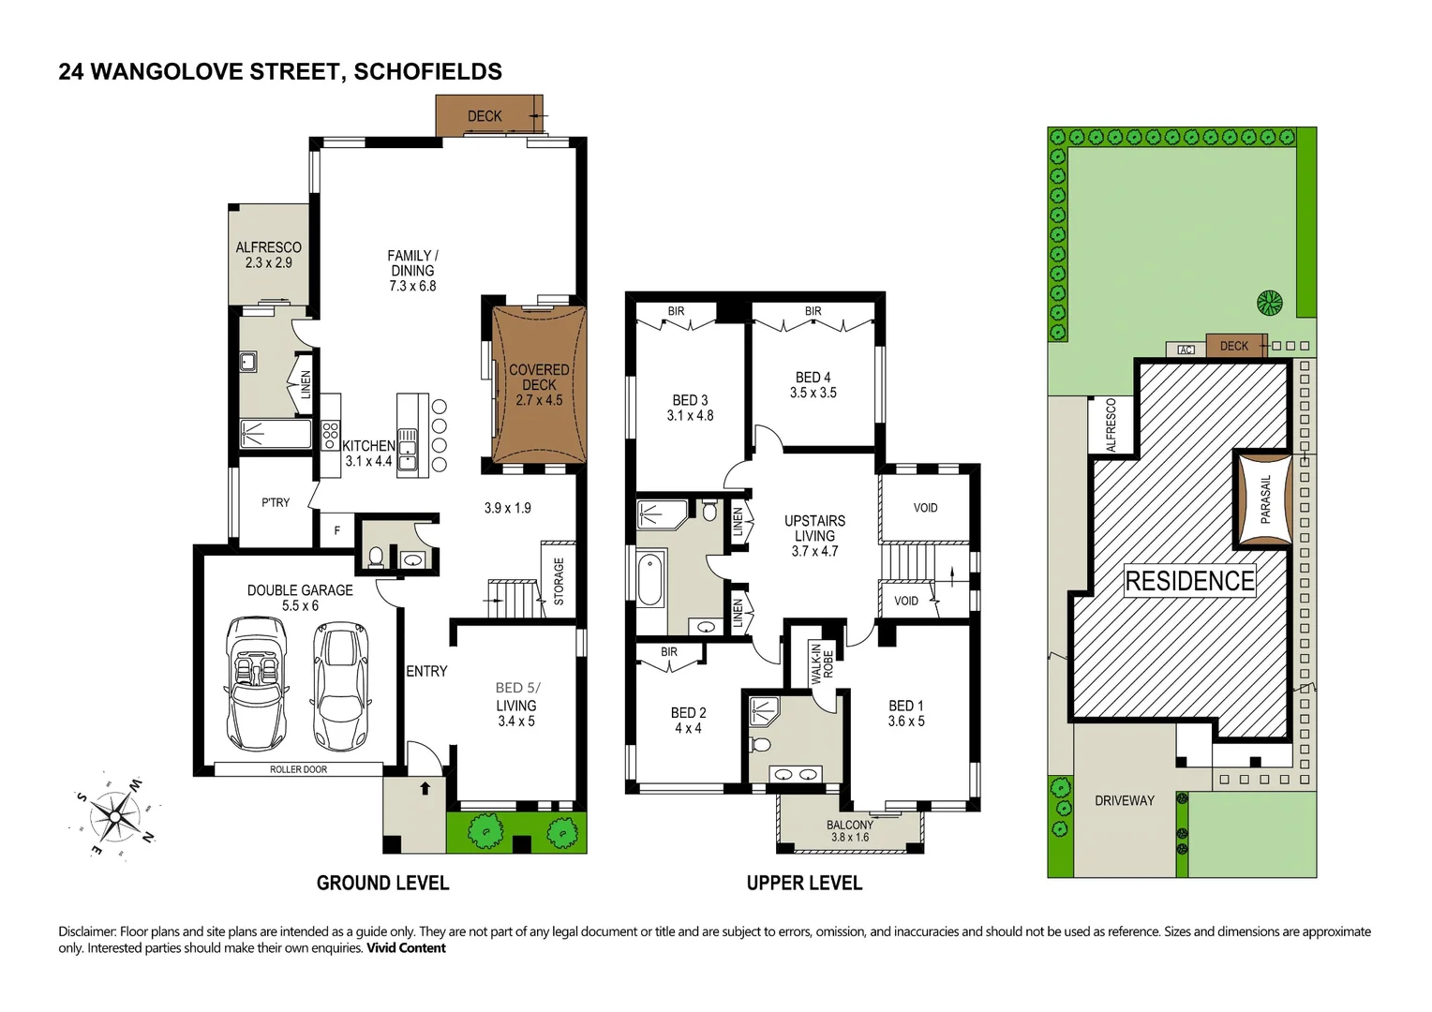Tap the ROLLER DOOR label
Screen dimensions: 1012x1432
click(x=298, y=769)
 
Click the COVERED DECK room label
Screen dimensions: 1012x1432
click(x=539, y=385)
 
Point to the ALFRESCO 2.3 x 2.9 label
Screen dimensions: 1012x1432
click(x=268, y=255)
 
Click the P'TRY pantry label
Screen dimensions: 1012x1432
click(x=276, y=503)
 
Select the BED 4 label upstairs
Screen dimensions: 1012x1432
click(x=813, y=385)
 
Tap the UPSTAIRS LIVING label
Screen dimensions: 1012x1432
click(x=814, y=535)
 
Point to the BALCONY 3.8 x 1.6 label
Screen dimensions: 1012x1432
click(x=849, y=831)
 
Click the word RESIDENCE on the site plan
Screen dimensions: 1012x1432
click(x=1189, y=581)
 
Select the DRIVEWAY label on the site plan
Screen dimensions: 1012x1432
click(x=1124, y=800)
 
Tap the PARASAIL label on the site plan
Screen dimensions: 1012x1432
click(x=1266, y=499)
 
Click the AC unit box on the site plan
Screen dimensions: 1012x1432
click(x=1186, y=350)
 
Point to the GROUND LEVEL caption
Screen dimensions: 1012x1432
click(x=382, y=883)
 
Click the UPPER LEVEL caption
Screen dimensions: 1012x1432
click(x=804, y=883)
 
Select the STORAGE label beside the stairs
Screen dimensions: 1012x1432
click(x=559, y=581)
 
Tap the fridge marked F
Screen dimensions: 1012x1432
click(x=336, y=531)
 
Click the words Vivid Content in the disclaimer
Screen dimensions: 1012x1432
click(x=406, y=948)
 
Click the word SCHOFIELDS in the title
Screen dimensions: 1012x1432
click(x=428, y=72)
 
